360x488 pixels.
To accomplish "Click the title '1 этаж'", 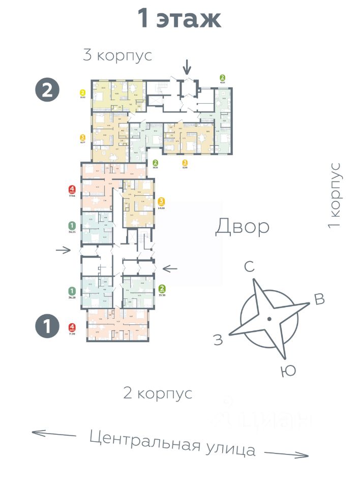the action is tap(179, 19).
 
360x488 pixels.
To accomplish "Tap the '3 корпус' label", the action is tap(117, 55).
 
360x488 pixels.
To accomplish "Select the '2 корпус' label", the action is tap(158, 393).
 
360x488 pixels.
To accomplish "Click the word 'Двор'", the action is tap(242, 227).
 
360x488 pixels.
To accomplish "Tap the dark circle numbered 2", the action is tap(47, 90).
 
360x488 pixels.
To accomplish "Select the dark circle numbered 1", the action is tap(47, 326).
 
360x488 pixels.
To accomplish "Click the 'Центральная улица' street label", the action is tap(172, 443).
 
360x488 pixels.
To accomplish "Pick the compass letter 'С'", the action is tap(249, 267).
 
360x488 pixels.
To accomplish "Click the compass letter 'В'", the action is tap(319, 299).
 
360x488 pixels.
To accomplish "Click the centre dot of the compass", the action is tap(269, 319).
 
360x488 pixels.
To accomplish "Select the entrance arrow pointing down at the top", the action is tap(187, 66).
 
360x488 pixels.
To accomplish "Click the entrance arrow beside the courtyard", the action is tap(170, 268).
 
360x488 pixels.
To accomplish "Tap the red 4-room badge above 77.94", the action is tap(72, 191).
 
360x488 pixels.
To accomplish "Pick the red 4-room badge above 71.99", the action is tap(72, 327).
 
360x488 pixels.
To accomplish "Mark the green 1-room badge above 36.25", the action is tap(72, 225).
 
